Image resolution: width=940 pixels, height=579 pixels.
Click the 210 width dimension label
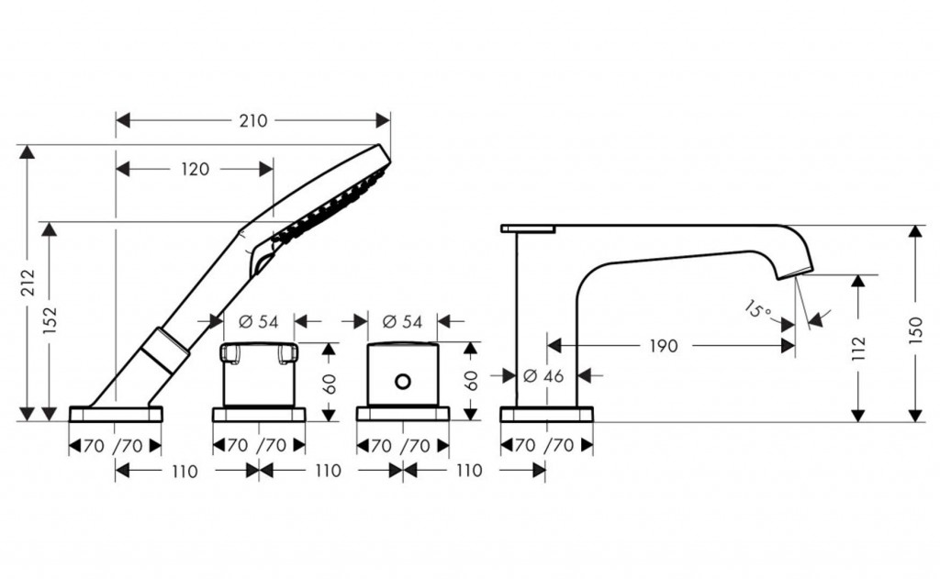(x=252, y=121)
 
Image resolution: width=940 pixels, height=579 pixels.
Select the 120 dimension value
(x=195, y=169)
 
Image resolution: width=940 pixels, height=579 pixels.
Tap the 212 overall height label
(x=28, y=284)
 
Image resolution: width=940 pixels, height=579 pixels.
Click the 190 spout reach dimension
(x=664, y=346)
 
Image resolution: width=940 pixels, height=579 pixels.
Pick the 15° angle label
(x=757, y=310)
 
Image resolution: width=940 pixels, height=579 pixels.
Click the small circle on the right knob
(x=401, y=379)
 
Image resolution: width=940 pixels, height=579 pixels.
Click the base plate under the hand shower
(x=116, y=413)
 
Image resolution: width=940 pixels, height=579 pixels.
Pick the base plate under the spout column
(x=546, y=414)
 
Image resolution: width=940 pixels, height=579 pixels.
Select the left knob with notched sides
(x=259, y=371)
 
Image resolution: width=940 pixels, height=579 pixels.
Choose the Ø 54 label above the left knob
(x=258, y=321)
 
